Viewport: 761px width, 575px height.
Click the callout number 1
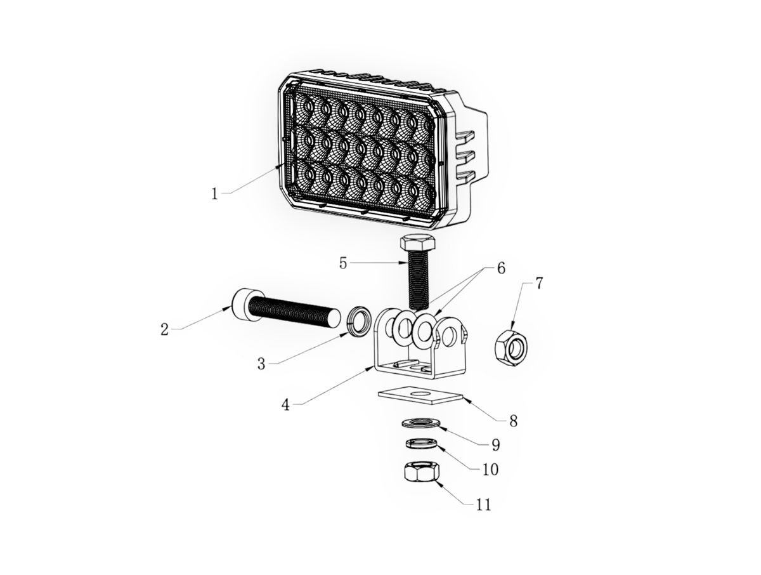click(x=214, y=194)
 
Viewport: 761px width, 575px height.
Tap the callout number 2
click(x=164, y=329)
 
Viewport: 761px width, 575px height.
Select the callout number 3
click(x=261, y=364)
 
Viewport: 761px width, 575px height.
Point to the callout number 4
click(x=285, y=405)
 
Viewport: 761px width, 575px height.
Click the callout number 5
click(x=343, y=263)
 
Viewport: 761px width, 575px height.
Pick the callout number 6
click(x=501, y=268)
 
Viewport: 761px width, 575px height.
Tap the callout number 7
click(x=538, y=283)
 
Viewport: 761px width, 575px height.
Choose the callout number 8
click(x=513, y=421)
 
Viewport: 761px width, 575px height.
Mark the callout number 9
click(x=496, y=445)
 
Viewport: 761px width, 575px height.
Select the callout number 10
click(x=490, y=470)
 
